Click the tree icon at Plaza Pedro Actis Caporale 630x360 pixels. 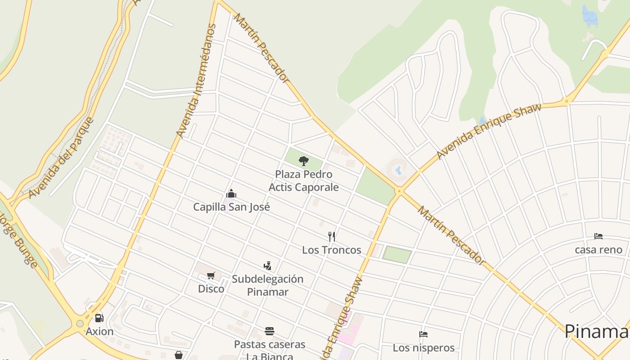pos(304,161)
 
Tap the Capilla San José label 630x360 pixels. pos(231,207)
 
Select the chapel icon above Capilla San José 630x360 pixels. pos(231,194)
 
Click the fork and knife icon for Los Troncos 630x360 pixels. pos(332,237)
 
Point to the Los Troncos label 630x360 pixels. pos(332,250)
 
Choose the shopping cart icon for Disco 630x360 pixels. pos(211,275)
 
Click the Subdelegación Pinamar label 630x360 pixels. pos(268,285)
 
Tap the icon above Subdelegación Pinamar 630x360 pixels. pos(268,266)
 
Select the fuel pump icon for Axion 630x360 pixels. pos(99,318)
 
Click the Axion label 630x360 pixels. pos(99,332)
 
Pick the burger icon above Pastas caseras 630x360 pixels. pos(270,332)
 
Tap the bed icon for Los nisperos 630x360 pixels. pos(423,334)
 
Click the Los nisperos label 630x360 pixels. pos(423,348)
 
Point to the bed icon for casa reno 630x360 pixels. pos(598,236)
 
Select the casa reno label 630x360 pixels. pos(598,250)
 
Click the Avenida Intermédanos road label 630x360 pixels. pos(196,81)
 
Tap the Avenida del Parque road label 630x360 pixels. pos(61,158)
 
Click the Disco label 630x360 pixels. pos(211,288)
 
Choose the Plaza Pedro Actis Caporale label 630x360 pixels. pos(304,180)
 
